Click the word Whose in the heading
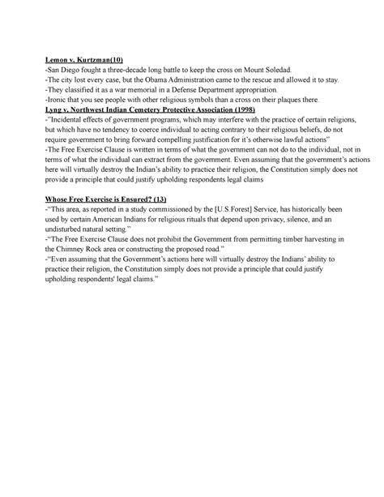[59, 199]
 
